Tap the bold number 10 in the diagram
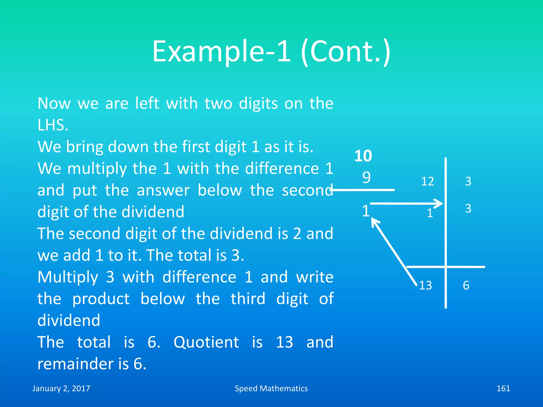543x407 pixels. pos(363,156)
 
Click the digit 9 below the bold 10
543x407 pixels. pos(366,177)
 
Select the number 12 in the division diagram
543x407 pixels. pos(427,182)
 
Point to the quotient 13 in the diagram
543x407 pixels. pos(425,286)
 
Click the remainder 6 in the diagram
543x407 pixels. pos(466,286)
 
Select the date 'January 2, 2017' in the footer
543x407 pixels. pos(61,388)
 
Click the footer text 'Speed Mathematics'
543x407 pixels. pos(271,388)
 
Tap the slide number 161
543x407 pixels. pos(503,388)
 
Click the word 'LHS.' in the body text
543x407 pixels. pos(53,125)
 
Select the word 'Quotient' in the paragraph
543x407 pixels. pos(206,342)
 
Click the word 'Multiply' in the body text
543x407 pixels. pos(68,277)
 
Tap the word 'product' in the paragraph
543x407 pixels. pos(101,299)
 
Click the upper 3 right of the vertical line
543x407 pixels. pos(468,182)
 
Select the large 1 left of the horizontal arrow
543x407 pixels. pos(366,211)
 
